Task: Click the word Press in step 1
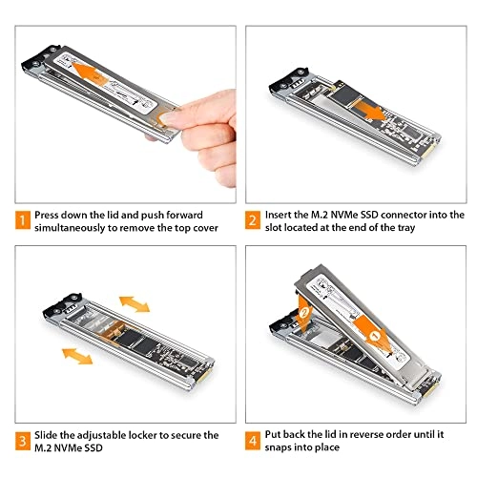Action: pyautogui.click(x=50, y=216)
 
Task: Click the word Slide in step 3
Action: pyautogui.click(x=48, y=434)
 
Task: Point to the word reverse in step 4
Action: pyautogui.click(x=373, y=434)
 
